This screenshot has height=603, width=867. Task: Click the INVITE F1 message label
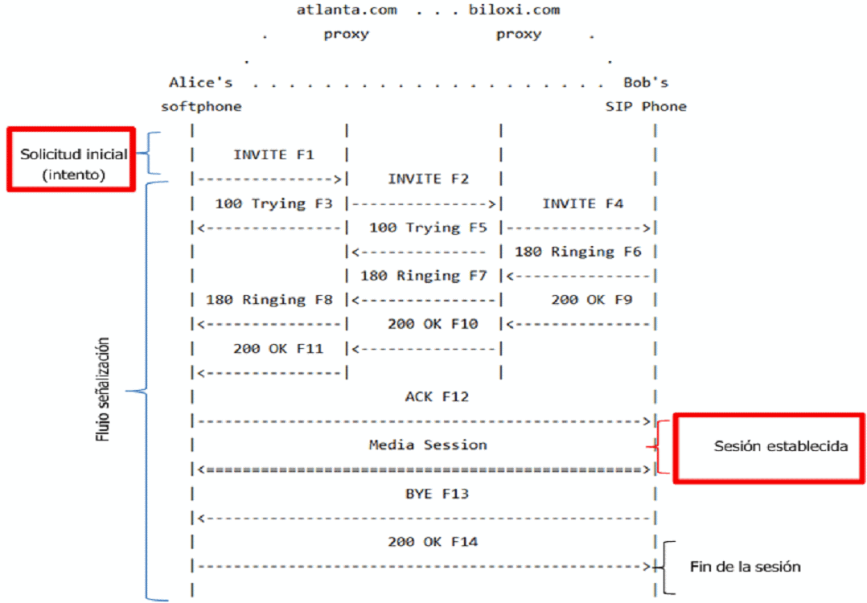[273, 154]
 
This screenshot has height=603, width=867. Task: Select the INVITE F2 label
[428, 178]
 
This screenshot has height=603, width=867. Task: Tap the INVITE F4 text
[582, 203]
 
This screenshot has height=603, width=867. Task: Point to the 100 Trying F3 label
[273, 203]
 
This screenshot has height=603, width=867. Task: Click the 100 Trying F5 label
[428, 228]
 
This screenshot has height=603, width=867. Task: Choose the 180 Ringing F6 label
[577, 252]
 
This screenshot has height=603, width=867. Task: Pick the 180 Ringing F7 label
[424, 276]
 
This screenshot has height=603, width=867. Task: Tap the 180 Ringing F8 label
[269, 300]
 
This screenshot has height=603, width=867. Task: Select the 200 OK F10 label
[432, 324]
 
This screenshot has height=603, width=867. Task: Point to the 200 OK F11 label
[277, 348]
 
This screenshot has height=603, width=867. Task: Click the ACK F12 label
[437, 396]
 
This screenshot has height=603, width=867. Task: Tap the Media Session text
[428, 445]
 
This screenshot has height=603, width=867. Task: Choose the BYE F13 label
[437, 493]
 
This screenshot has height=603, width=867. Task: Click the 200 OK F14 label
[432, 542]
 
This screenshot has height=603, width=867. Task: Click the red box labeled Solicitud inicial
[71, 158]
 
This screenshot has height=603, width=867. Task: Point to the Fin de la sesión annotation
[745, 567]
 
